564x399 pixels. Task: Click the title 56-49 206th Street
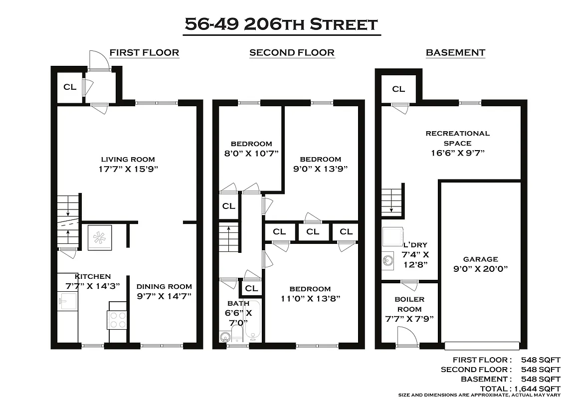(281, 24)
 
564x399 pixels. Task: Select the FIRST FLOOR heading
(144, 52)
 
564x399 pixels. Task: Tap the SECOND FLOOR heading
(292, 52)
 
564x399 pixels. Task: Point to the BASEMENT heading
(455, 52)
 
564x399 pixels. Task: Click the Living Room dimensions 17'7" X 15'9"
(129, 169)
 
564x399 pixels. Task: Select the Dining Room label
(164, 286)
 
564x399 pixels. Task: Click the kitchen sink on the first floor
(67, 301)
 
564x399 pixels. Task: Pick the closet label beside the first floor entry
(70, 87)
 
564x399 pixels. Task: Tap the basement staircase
(392, 199)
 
